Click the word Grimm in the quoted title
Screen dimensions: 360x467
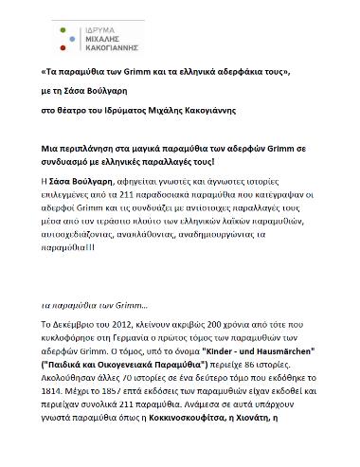(x=144, y=71)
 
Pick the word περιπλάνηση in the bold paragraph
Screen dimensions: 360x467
(x=98, y=151)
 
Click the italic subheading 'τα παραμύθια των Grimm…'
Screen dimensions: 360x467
(x=86, y=306)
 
